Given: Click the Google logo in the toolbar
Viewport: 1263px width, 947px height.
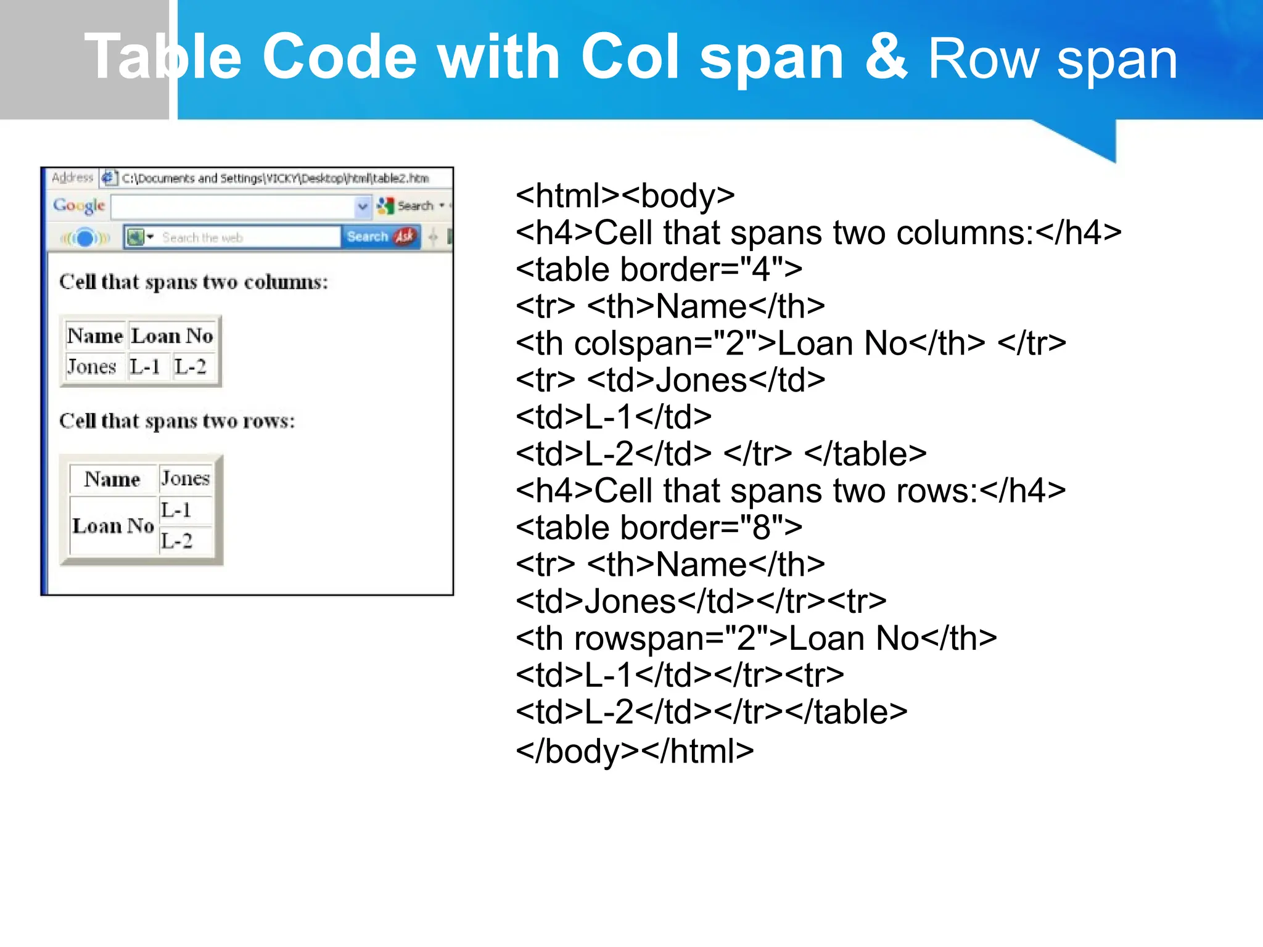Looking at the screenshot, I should [79, 205].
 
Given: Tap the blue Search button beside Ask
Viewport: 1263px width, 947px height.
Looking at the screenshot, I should [368, 237].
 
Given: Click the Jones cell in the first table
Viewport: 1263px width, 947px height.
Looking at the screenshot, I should [91, 367].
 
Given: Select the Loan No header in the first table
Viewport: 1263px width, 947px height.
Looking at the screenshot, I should [172, 336].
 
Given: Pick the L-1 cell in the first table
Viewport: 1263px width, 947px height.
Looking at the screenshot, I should [145, 367].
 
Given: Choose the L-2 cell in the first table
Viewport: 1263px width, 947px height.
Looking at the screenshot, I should [190, 367].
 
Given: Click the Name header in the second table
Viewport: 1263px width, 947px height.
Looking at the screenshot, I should [112, 479].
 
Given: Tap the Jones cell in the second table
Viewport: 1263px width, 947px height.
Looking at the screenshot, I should [185, 478].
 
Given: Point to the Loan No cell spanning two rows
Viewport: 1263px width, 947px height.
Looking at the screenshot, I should [113, 526].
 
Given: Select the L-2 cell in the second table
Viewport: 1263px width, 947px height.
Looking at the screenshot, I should [177, 541].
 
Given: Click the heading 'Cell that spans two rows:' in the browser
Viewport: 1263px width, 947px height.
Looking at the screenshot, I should [177, 421].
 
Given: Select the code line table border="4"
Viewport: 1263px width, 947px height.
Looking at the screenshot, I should [659, 269].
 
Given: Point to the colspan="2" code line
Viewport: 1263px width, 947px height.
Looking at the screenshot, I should [791, 343].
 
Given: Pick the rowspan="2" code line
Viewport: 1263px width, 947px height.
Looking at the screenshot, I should [756, 638].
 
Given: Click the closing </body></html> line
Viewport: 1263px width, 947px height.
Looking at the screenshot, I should [635, 751].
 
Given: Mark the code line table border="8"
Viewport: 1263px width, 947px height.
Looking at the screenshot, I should [659, 528].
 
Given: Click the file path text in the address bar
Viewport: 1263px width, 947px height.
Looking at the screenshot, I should [275, 179].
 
